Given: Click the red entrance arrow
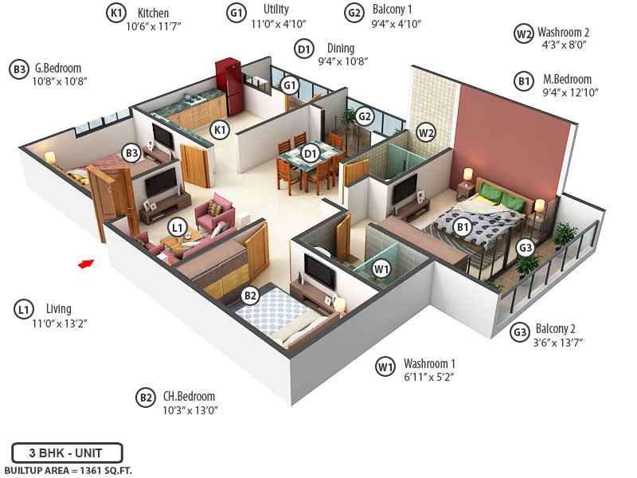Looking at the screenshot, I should [x=86, y=264].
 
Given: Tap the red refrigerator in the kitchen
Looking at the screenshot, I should [x=228, y=86].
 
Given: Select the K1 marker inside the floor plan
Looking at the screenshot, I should [x=219, y=128].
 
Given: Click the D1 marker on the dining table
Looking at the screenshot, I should [x=310, y=152].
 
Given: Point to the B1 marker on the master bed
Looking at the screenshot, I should [x=462, y=227].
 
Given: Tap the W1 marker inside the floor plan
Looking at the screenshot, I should [x=382, y=268].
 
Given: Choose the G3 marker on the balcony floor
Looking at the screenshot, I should [x=526, y=247].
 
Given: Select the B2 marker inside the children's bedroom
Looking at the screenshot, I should [x=250, y=296].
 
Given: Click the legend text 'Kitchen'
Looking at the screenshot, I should [x=153, y=13].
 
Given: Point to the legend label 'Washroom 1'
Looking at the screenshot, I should [x=429, y=363].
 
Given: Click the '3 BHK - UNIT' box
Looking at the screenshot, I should [x=67, y=453].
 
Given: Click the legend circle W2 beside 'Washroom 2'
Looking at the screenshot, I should [x=523, y=33].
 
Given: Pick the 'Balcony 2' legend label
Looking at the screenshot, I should [x=556, y=329].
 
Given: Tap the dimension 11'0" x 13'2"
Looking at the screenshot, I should [x=59, y=323].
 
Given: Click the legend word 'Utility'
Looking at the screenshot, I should [x=276, y=10].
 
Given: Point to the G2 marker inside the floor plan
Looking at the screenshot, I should [x=365, y=116].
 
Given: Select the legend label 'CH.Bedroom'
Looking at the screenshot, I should [x=189, y=396].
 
